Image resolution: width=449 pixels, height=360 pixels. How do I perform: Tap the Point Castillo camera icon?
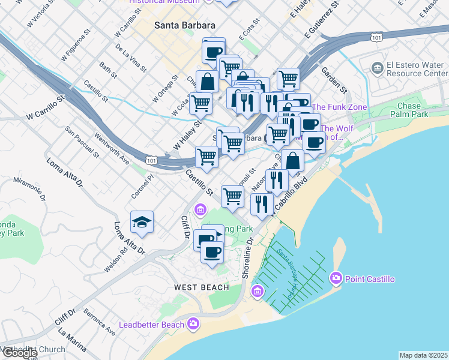point(336,278)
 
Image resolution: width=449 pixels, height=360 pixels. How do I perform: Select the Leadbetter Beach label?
point(151,325)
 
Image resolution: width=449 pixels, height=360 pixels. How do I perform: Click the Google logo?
point(19,353)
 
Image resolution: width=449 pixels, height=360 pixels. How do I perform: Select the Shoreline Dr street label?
point(247,257)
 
